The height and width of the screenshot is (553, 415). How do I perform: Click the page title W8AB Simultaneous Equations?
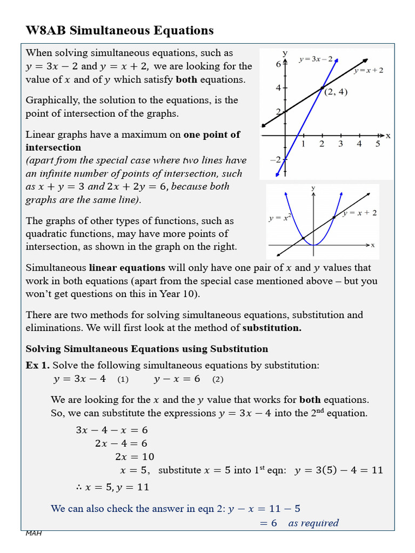pos(119,31)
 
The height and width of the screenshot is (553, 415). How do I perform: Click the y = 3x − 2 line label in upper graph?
pos(316,59)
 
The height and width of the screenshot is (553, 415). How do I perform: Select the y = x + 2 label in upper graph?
pos(369,70)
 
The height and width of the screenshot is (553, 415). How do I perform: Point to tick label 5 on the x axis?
pos(378,144)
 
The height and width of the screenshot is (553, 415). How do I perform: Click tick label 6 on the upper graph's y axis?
pos(279,64)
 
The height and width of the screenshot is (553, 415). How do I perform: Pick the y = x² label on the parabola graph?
pos(280,218)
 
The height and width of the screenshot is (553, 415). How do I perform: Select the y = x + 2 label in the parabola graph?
pos(360,213)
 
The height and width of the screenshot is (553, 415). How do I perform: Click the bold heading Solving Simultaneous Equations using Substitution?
pos(146,349)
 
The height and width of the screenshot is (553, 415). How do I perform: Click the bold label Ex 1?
pos(37,366)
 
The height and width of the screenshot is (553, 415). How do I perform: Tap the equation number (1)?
pos(123,380)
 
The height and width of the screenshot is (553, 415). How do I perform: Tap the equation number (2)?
pos(218,380)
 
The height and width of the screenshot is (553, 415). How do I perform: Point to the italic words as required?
pos(313,523)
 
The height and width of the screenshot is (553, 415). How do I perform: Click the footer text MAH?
pos(34,534)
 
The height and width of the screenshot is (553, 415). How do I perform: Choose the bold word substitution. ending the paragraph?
pos(272,328)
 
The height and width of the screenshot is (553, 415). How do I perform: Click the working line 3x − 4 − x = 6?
pos(112,430)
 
